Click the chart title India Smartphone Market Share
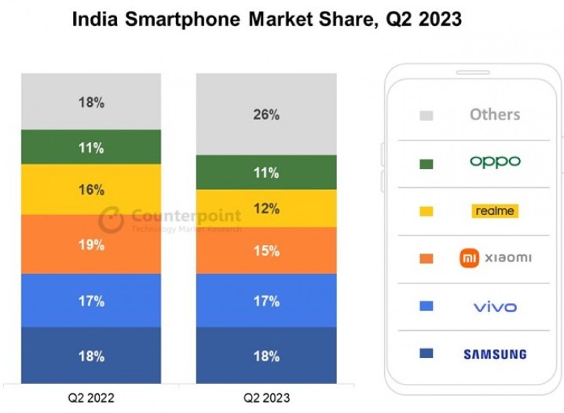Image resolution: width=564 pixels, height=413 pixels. [267, 20]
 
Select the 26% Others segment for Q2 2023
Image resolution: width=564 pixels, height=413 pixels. [266, 115]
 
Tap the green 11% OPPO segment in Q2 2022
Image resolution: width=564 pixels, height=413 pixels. [91, 147]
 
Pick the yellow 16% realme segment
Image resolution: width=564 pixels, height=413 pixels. [91, 189]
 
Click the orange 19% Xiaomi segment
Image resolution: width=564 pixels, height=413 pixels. [91, 244]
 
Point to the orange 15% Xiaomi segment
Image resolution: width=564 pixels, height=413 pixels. [266, 250]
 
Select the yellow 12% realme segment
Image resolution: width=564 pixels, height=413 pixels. [266, 208]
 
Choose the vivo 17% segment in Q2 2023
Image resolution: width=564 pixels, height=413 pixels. [266, 301]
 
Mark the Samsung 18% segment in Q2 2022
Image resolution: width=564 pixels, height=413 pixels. [91, 356]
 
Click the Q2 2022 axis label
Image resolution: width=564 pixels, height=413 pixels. [91, 398]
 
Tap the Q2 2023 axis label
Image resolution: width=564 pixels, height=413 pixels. [266, 398]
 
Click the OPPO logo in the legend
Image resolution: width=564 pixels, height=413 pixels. [495, 162]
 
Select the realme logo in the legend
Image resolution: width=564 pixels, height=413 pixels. [495, 210]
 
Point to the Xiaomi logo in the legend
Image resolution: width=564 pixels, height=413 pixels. [495, 258]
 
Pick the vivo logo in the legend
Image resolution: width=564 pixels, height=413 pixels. [495, 306]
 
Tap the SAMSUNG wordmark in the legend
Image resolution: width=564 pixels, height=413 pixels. [495, 354]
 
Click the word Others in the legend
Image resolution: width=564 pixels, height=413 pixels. [495, 115]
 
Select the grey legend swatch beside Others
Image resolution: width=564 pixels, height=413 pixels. [427, 115]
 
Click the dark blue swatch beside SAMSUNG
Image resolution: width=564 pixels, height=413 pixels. [427, 354]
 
